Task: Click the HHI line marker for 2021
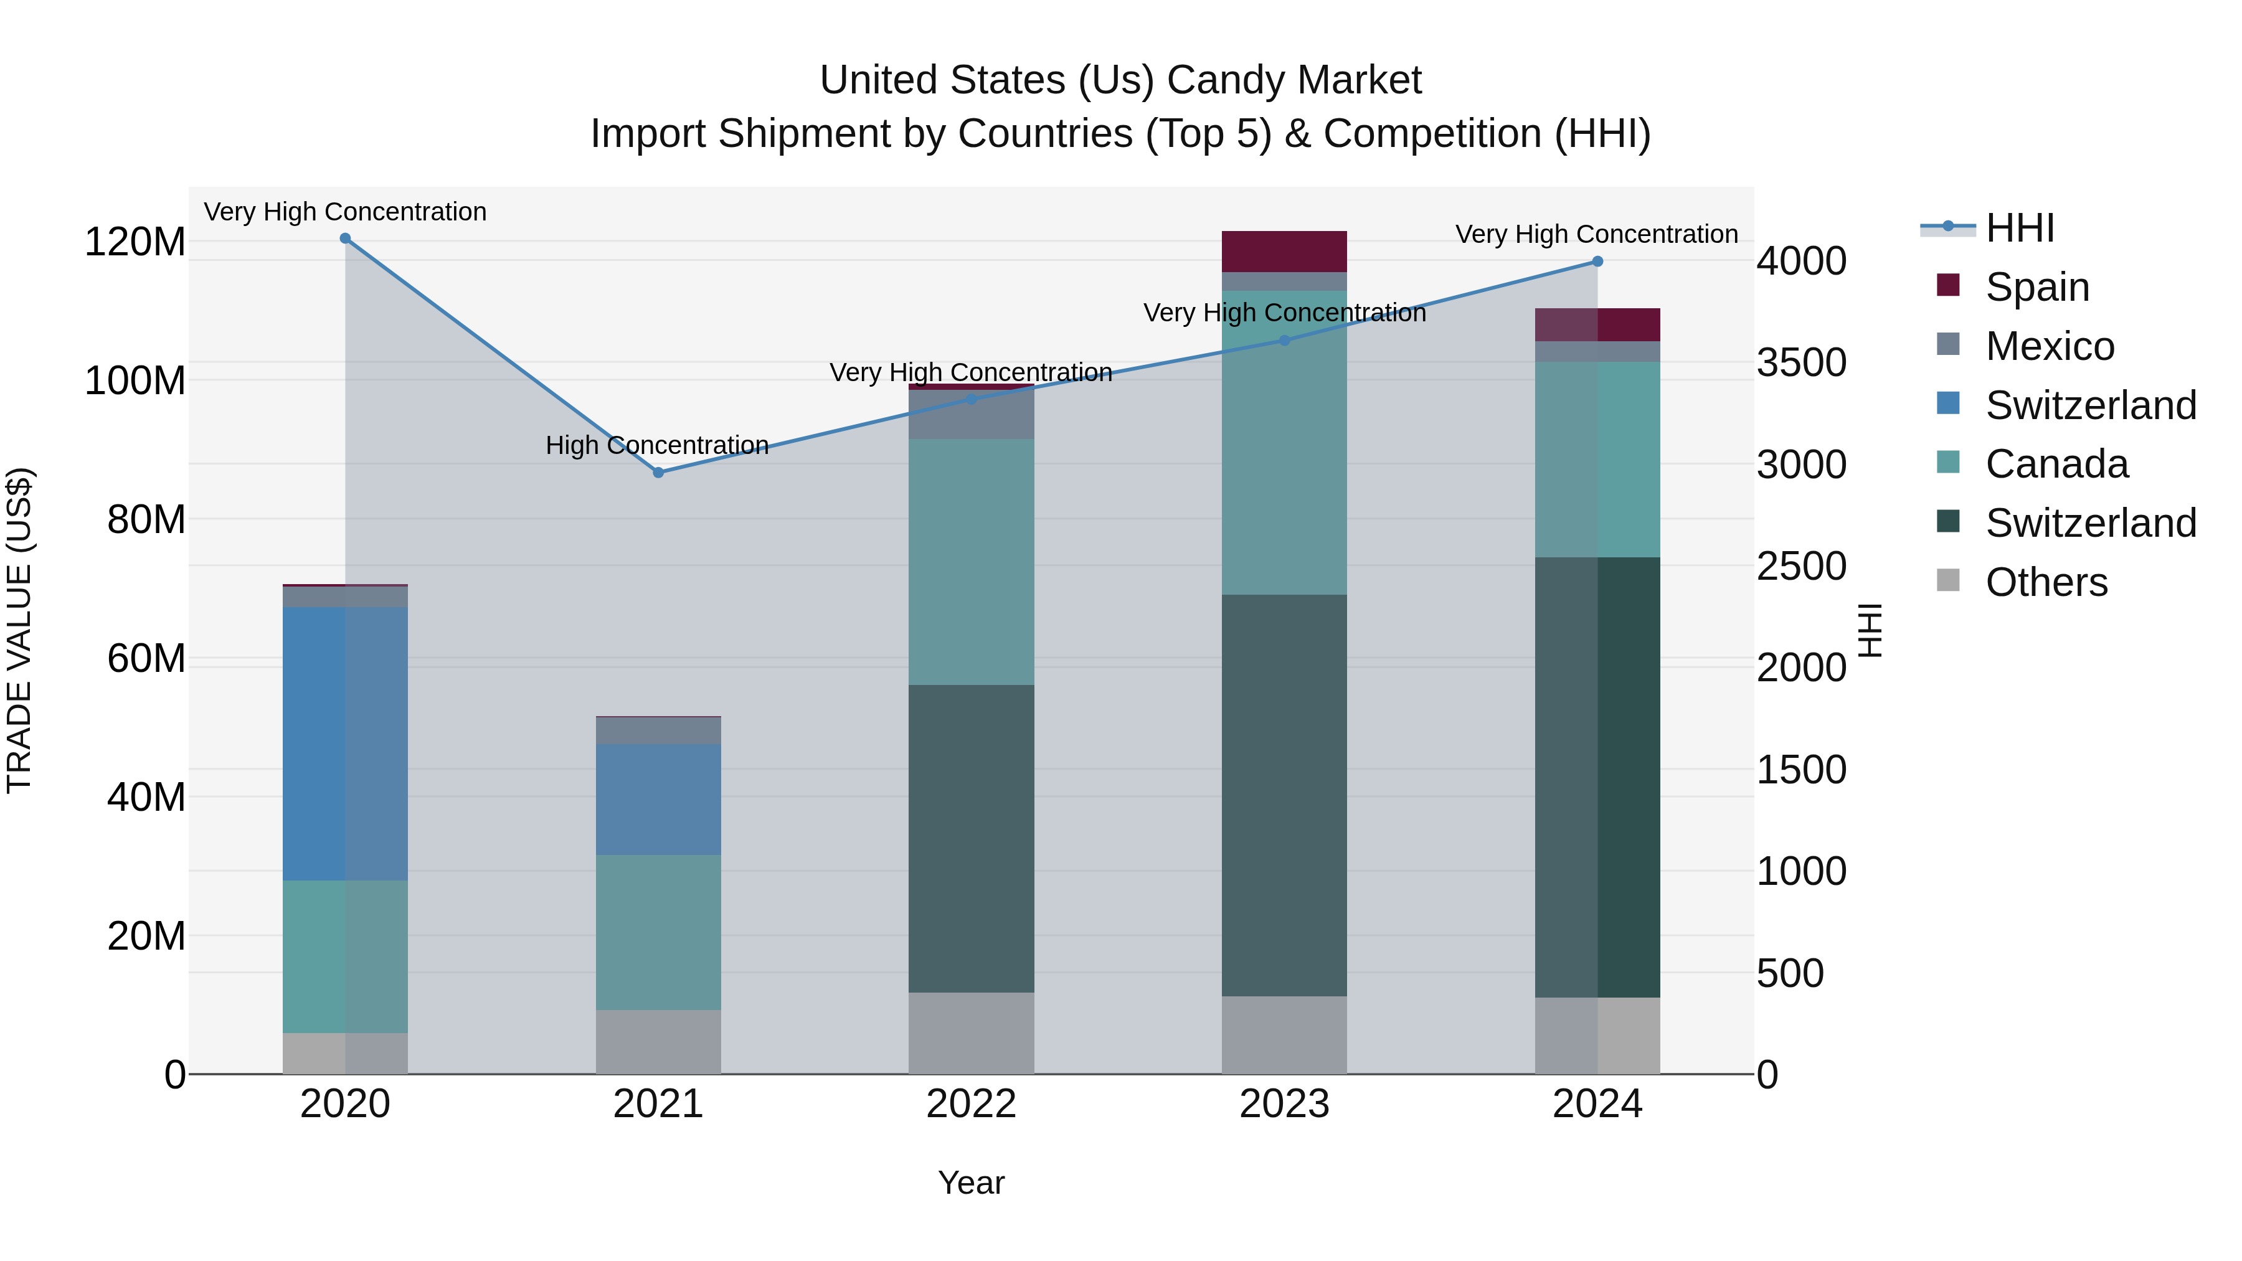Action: coord(658,473)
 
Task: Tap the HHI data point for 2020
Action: coord(346,239)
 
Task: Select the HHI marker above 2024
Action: coord(1597,261)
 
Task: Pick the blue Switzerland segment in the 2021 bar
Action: coord(658,799)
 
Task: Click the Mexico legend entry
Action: coord(2049,346)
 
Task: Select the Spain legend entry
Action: coord(2036,287)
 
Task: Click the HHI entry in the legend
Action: coord(2019,228)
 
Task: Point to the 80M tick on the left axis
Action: coord(146,519)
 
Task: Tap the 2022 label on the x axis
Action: coord(972,1104)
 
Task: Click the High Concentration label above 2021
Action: coord(657,446)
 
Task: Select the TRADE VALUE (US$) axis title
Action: coord(19,630)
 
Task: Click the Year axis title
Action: coord(972,1183)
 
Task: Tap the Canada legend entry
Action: coord(2056,464)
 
